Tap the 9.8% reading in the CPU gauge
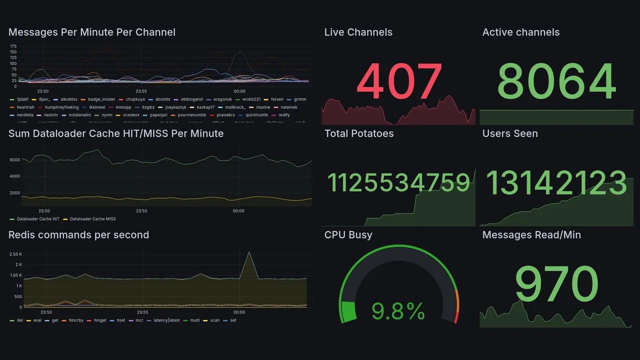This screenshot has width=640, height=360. coord(398,312)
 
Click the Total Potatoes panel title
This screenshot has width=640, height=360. coord(359,133)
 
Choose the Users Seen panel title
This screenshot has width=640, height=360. coord(510,133)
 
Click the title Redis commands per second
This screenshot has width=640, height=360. coord(78,235)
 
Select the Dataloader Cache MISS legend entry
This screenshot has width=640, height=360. coord(92,219)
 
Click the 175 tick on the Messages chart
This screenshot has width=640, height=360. coord(13,46)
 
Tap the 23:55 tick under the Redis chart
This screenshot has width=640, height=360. coord(142,312)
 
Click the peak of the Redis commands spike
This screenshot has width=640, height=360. coord(249,251)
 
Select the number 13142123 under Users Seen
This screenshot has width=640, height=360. coord(556,183)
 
